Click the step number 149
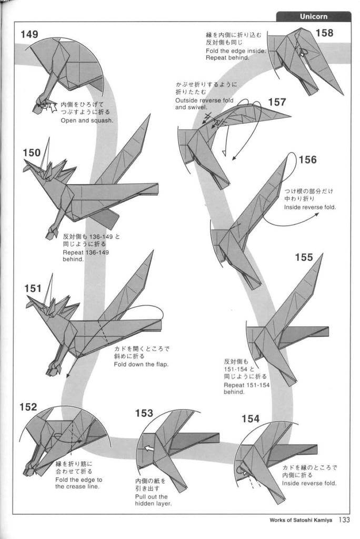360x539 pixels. point(29,35)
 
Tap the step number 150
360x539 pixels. point(32,153)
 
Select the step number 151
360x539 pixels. point(33,288)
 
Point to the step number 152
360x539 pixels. point(28,407)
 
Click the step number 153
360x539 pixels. point(144,413)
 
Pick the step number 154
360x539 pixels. point(251,419)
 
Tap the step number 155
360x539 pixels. point(304,257)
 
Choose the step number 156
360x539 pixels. point(307,159)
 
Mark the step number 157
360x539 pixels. point(277,102)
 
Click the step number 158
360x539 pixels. point(324,33)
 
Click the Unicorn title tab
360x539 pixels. point(313,16)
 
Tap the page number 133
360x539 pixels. point(344,520)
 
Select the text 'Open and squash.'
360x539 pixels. point(87,120)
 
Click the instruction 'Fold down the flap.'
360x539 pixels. point(141,364)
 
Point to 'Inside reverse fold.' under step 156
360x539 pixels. point(310,207)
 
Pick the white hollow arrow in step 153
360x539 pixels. point(149,448)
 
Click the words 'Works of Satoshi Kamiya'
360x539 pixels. point(301,521)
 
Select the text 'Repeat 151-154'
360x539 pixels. point(246,385)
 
